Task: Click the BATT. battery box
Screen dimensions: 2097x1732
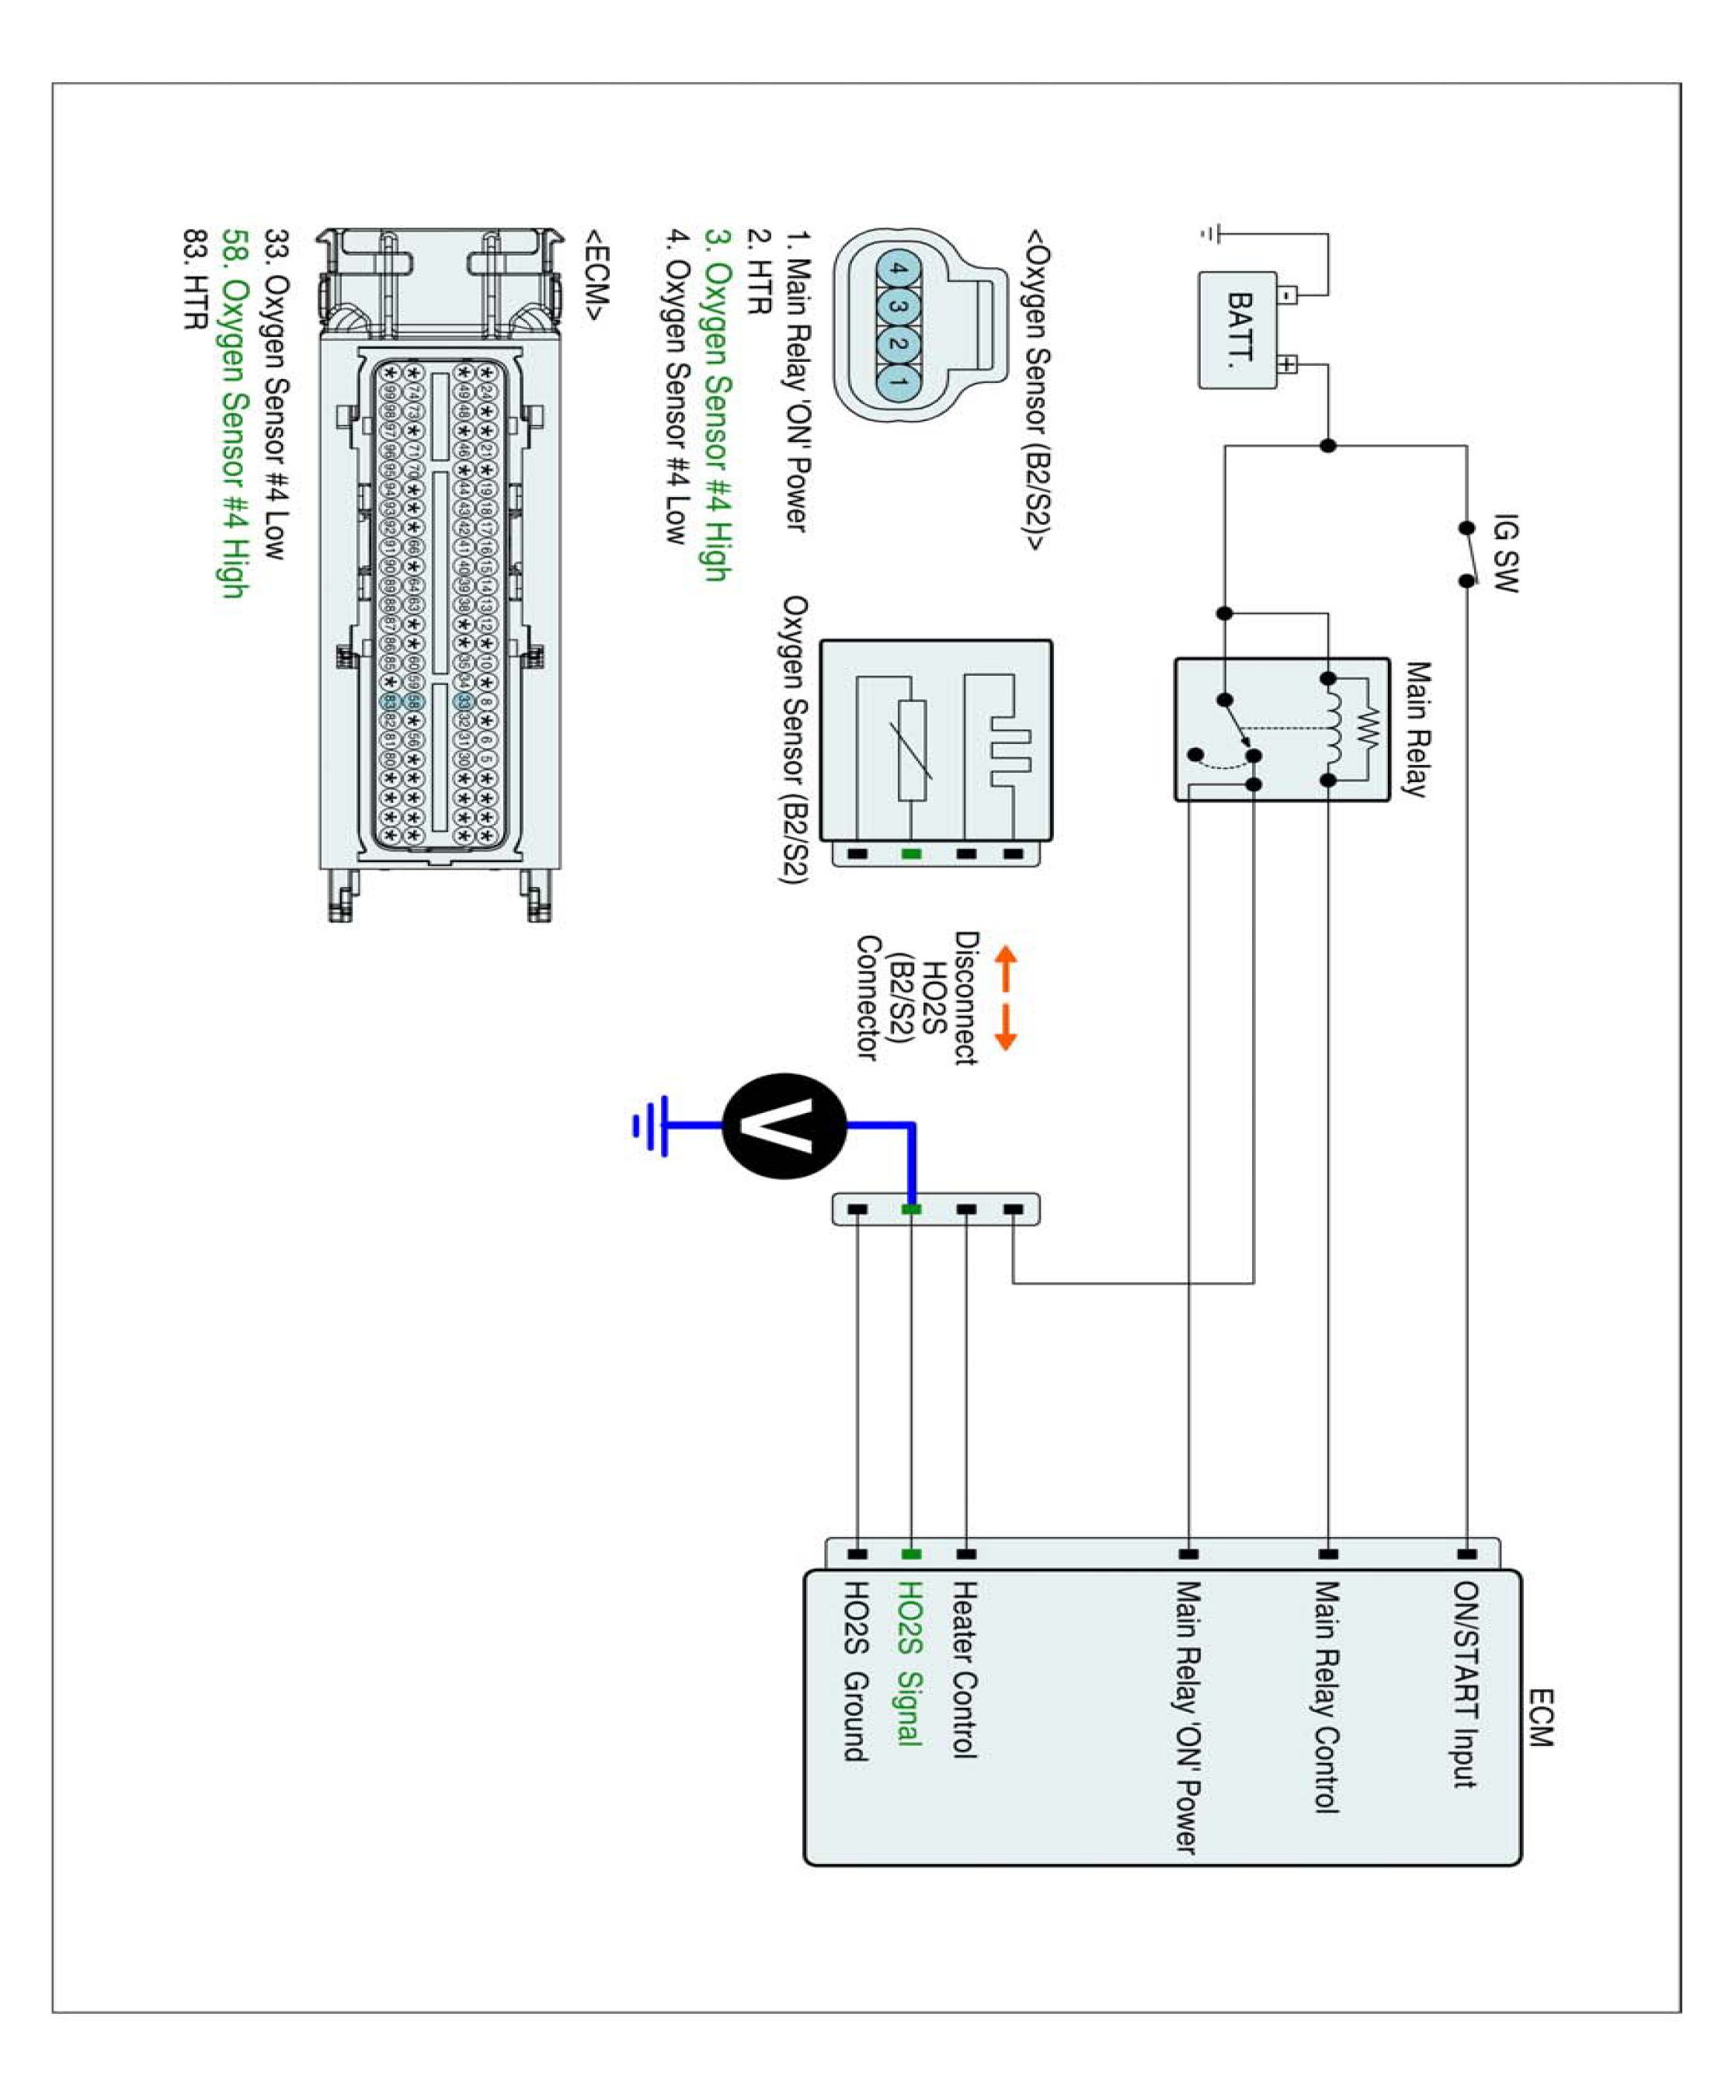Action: (1238, 329)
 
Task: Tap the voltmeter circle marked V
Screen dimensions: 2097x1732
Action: (784, 1125)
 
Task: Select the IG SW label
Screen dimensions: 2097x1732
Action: (1504, 554)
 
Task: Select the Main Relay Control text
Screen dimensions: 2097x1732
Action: (1325, 1696)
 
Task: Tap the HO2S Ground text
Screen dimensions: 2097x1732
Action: (856, 1671)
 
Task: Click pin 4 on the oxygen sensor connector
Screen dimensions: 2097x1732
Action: (898, 269)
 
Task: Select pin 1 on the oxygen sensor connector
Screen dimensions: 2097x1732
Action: (898, 382)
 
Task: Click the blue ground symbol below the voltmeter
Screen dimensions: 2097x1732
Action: (649, 1125)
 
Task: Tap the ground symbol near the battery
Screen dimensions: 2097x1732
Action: (1210, 234)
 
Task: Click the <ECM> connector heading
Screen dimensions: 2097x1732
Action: (596, 273)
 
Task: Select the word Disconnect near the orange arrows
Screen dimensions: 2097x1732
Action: (965, 997)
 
